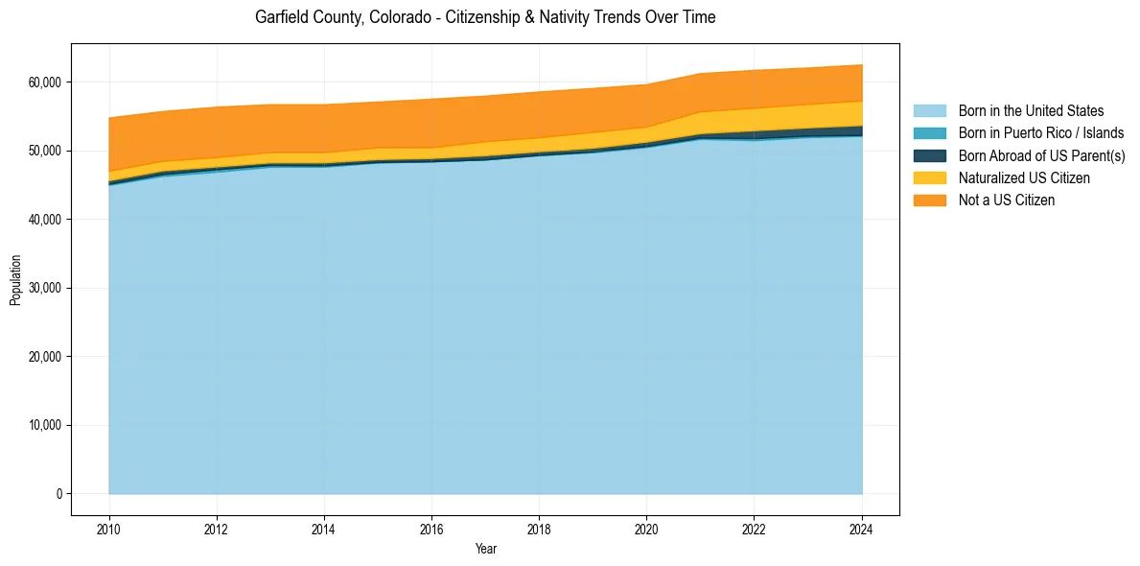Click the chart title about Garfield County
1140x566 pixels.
pyautogui.click(x=485, y=17)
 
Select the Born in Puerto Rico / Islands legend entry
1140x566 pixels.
pyautogui.click(x=1040, y=133)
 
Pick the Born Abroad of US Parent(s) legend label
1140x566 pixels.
pyautogui.click(x=1041, y=155)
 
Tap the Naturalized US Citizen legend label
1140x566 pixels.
pyautogui.click(x=1024, y=177)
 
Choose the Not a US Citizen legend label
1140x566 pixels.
pyautogui.click(x=1006, y=200)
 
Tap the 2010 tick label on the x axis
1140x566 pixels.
pyautogui.click(x=109, y=527)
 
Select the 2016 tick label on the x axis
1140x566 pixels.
pyautogui.click(x=431, y=527)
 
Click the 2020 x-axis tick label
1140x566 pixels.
pyautogui.click(x=647, y=527)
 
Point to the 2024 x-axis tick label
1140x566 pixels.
pyautogui.click(x=862, y=527)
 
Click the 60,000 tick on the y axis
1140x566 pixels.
pyautogui.click(x=45, y=83)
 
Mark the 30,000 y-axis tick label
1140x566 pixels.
pyautogui.click(x=45, y=288)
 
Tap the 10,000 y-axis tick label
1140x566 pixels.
pyautogui.click(x=45, y=425)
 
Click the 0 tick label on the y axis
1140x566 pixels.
pyautogui.click(x=58, y=494)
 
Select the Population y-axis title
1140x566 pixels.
pyautogui.click(x=15, y=280)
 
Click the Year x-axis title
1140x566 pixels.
pyautogui.click(x=485, y=549)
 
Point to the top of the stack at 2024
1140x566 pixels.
pyautogui.click(x=862, y=65)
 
